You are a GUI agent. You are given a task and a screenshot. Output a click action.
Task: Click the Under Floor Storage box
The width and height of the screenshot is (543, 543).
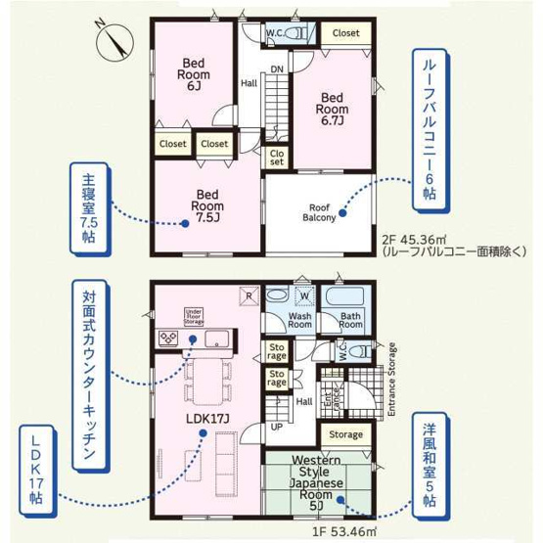click(193, 315)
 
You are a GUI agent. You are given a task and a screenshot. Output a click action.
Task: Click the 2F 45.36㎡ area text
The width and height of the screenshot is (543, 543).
click(413, 239)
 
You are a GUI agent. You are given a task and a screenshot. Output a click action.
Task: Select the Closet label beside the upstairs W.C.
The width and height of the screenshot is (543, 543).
click(344, 33)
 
